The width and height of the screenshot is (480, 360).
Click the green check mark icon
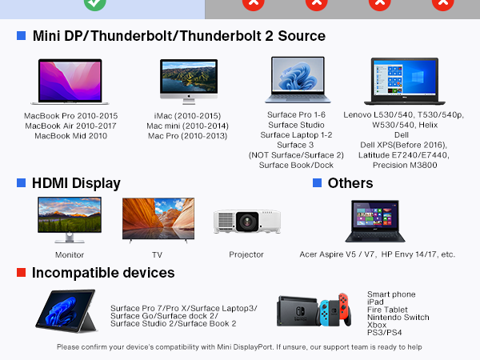(95, 4)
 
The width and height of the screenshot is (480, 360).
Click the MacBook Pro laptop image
(70, 82)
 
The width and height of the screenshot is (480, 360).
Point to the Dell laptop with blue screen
(403, 82)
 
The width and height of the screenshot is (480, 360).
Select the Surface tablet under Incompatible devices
(66, 310)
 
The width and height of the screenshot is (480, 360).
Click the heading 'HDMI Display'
(76, 183)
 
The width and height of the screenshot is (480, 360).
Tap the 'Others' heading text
(350, 183)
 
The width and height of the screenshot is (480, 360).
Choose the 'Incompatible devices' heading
(103, 273)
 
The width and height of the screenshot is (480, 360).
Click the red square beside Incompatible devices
(22, 273)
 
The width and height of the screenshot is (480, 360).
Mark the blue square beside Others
(317, 183)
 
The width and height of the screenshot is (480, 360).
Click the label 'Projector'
(246, 254)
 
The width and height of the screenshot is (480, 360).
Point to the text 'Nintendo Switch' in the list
(398, 318)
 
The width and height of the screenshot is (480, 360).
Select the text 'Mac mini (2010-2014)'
(188, 126)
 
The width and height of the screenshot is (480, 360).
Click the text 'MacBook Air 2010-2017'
(70, 126)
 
